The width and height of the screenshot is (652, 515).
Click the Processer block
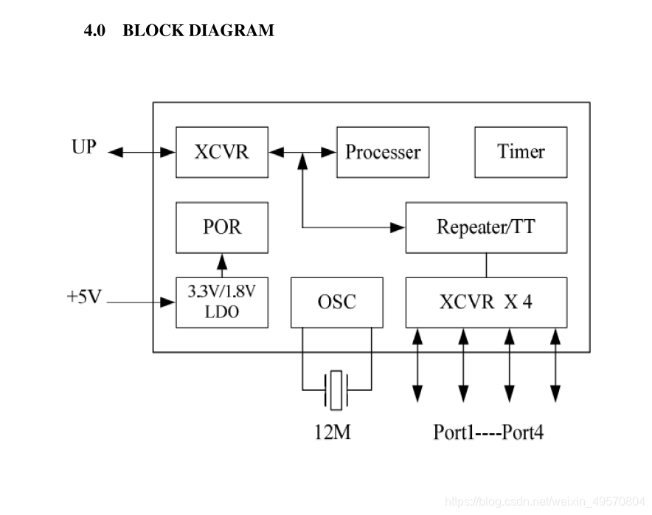[x=383, y=152]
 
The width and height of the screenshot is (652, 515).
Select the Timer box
[x=521, y=152]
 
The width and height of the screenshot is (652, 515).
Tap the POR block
[x=222, y=227]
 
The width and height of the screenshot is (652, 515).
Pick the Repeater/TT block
[x=487, y=227]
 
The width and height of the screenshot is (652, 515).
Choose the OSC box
[x=337, y=303]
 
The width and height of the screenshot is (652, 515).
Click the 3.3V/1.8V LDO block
[x=222, y=303]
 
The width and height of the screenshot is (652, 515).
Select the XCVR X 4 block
[x=487, y=303]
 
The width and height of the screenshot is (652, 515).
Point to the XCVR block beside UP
[x=222, y=152]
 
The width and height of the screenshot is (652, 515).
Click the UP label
[x=84, y=147]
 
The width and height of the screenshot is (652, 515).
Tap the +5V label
[x=84, y=297]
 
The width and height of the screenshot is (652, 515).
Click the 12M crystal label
[x=332, y=432]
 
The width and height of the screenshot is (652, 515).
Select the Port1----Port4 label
[x=488, y=432]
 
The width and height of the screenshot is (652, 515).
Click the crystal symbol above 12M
[x=336, y=390]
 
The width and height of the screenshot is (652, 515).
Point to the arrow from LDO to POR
[x=222, y=266]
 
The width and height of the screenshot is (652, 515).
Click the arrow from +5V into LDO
[x=141, y=302]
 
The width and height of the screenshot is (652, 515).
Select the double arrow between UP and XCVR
[x=142, y=152]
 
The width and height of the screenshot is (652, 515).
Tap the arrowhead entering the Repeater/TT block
[x=398, y=227]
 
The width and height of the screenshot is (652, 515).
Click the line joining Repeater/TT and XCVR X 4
[x=487, y=266]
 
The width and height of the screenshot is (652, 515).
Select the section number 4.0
[x=94, y=30]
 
